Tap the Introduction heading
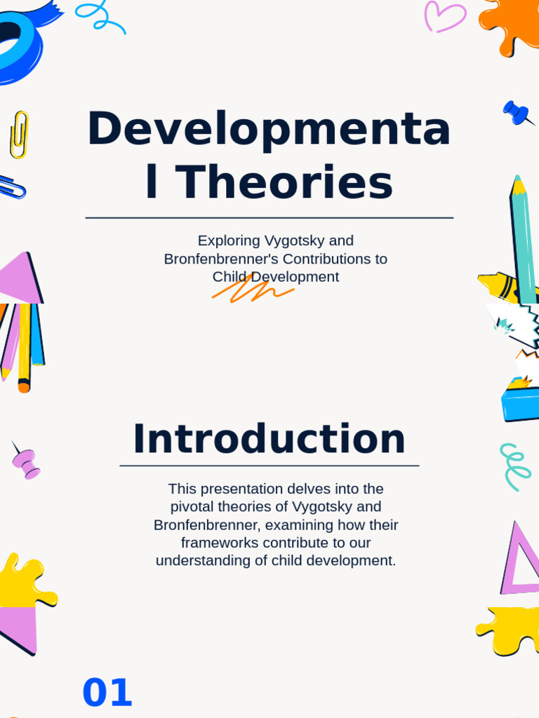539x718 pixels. coord(269,440)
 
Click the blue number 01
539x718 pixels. coord(107,693)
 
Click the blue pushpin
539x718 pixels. coord(517,112)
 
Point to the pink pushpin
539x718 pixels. coord(27,463)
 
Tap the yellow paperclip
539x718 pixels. coord(19,134)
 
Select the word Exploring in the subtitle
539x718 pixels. coord(229,241)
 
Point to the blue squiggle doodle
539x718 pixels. coord(100,16)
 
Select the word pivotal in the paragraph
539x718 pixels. coord(195,506)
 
